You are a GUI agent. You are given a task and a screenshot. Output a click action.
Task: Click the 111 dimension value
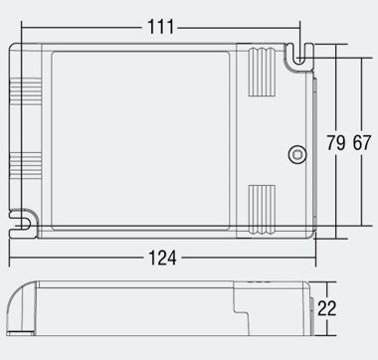pyautogui.click(x=160, y=27)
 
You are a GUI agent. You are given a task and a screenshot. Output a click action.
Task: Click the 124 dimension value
pyautogui.click(x=162, y=258)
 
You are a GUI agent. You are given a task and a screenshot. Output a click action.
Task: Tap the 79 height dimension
pyautogui.click(x=336, y=143)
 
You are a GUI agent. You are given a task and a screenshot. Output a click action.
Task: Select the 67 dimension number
pyautogui.click(x=361, y=143)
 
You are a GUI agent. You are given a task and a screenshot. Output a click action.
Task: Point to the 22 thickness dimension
pyautogui.click(x=327, y=308)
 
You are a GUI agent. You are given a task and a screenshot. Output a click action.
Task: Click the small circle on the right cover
pyautogui.click(x=297, y=155)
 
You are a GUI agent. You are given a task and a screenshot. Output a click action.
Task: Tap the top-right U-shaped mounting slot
pyautogui.click(x=299, y=57)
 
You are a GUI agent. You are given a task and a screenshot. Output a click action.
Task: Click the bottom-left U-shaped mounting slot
pyautogui.click(x=23, y=224)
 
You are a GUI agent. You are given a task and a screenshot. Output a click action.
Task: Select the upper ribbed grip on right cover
pyautogui.click(x=262, y=72)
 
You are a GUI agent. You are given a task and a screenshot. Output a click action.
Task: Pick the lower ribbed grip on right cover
pyautogui.click(x=262, y=210)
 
